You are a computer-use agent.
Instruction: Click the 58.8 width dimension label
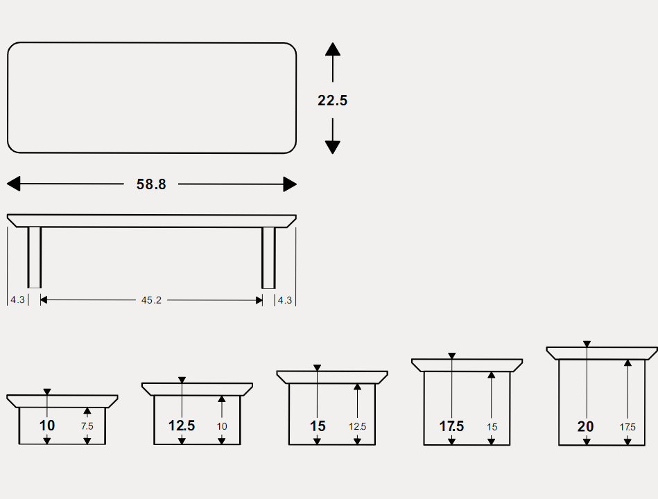[151, 184]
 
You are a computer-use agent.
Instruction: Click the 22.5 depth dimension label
[332, 100]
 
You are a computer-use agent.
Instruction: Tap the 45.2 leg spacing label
[151, 300]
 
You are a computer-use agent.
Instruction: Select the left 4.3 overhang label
[17, 300]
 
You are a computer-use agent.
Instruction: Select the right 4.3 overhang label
[285, 300]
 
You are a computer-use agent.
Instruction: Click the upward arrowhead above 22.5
[333, 49]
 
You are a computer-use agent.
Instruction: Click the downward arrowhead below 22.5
[333, 147]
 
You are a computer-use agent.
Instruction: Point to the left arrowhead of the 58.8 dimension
[13, 184]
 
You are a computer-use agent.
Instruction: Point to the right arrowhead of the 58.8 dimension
[290, 184]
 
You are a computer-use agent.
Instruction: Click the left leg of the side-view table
[35, 257]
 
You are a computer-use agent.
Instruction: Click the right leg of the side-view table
[268, 258]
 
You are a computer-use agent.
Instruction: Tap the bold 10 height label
[47, 426]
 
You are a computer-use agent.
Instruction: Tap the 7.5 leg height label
[87, 426]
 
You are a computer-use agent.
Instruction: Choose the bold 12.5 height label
[182, 426]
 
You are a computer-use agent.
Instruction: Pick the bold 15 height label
[318, 426]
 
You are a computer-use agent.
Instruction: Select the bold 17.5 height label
[451, 426]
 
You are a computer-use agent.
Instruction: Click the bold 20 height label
[585, 426]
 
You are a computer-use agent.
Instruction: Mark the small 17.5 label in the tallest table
[627, 427]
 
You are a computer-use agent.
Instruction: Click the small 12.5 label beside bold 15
[358, 426]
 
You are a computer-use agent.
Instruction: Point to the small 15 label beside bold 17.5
[492, 427]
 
